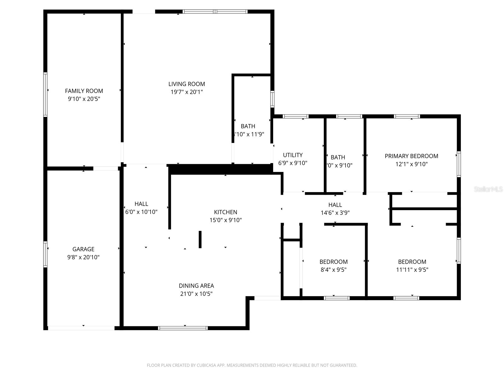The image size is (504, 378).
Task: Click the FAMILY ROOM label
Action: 84,91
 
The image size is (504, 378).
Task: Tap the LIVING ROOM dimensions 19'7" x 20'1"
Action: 186,92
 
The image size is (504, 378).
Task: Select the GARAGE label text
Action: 83,249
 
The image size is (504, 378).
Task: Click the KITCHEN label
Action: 226,212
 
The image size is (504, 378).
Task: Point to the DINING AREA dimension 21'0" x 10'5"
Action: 196,294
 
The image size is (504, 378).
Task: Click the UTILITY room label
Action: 293,155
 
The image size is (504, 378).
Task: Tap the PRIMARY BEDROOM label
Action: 411,156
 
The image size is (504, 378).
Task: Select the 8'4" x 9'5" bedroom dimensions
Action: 334,270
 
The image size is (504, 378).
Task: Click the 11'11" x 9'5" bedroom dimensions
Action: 412,270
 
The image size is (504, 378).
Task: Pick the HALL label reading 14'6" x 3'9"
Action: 335,209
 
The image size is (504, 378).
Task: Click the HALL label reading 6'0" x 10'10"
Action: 141,208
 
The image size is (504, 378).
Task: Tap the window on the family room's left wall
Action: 45,94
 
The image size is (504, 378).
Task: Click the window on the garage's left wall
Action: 45,254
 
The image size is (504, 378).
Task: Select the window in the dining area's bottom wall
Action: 183,328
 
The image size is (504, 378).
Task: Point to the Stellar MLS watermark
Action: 488,189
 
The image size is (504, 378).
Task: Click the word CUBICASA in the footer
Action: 206,365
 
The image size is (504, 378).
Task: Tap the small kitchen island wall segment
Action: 200,239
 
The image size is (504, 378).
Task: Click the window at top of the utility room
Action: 295,116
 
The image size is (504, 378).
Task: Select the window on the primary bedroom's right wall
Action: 459,164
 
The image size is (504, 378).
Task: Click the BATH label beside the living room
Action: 248,126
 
